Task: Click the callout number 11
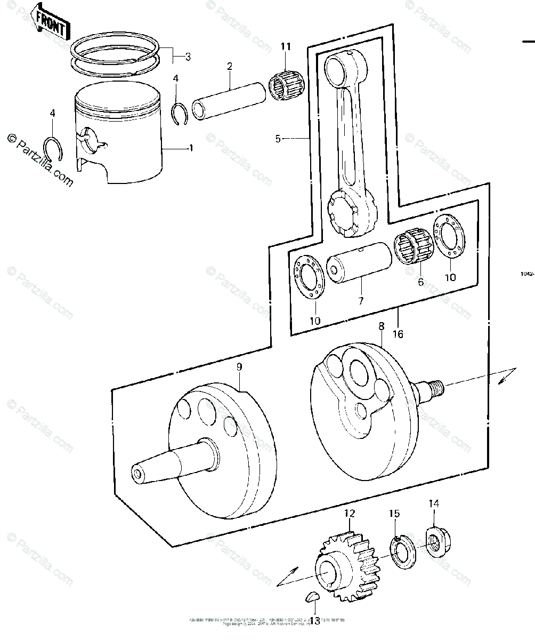pyautogui.click(x=286, y=46)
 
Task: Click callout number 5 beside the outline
pyautogui.click(x=278, y=139)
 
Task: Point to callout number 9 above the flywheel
pyautogui.click(x=239, y=367)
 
